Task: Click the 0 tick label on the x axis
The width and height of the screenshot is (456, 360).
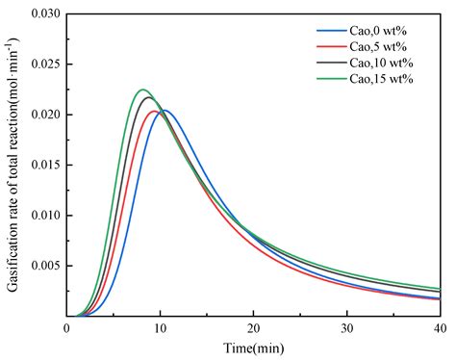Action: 67,328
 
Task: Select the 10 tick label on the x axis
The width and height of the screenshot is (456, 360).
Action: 160,328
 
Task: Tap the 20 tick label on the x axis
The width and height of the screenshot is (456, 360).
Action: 253,328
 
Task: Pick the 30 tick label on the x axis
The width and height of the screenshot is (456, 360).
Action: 346,328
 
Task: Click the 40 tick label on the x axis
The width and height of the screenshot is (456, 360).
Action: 439,328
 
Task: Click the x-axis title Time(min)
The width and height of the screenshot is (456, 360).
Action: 253,347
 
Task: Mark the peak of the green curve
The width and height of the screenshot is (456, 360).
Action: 142,90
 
